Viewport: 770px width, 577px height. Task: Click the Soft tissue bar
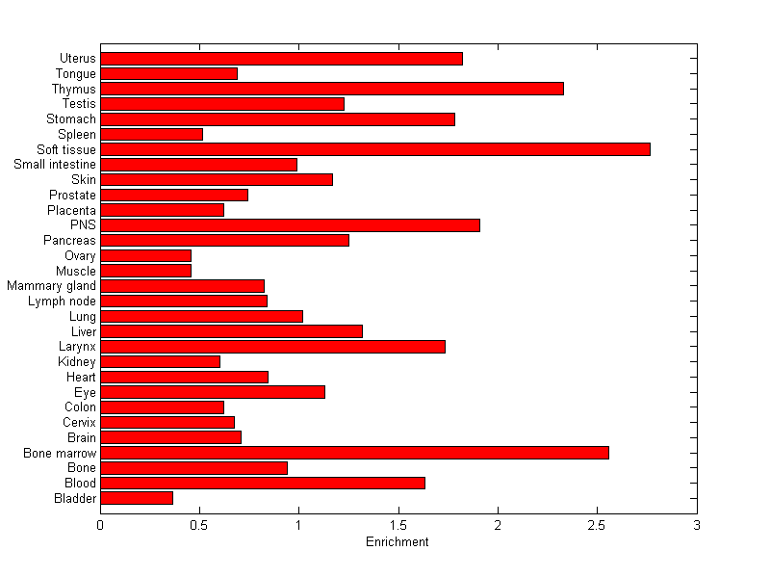[x=375, y=149]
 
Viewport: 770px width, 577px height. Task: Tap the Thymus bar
[x=332, y=89]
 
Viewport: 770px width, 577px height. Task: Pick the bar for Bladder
[x=137, y=498]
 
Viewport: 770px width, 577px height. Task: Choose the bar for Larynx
[x=272, y=347]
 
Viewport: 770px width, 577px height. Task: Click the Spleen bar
[x=151, y=134]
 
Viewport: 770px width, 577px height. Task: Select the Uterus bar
[x=281, y=59]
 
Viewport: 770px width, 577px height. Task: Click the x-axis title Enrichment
[x=398, y=542]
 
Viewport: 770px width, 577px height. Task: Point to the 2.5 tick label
[x=597, y=526]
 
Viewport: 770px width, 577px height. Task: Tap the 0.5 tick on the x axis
[x=199, y=526]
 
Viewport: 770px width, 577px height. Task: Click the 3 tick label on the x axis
[x=696, y=526]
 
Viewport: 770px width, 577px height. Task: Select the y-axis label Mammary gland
[x=51, y=286]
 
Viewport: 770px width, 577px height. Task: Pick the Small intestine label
[x=55, y=165]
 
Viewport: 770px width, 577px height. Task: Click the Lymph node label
[x=62, y=302]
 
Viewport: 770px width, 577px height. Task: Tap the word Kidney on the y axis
[x=77, y=362]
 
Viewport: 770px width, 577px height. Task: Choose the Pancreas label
[x=70, y=240]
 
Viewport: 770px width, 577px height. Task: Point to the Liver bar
[x=231, y=331]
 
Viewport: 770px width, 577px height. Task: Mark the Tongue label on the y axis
[x=76, y=74]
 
